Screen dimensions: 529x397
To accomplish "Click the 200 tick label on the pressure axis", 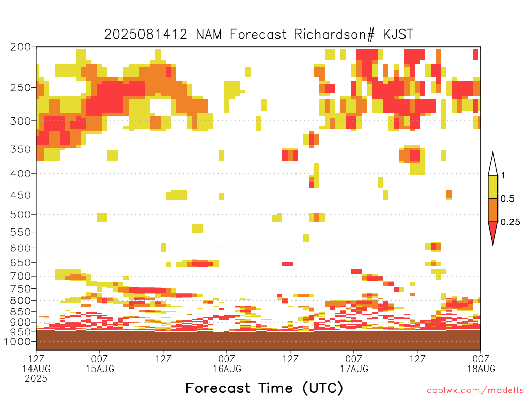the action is (x=20, y=47).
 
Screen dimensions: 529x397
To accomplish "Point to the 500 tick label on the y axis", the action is (x=20, y=215).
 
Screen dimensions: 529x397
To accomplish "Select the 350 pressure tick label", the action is (x=20, y=149).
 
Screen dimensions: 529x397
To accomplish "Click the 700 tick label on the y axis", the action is (x=20, y=276).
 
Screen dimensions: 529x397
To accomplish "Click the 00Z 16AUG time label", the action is (x=227, y=363).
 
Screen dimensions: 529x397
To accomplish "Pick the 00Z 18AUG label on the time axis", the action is (x=481, y=363).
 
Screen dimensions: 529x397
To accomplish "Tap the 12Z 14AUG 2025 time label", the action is (x=36, y=368).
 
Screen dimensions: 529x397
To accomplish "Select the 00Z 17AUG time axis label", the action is (x=354, y=363).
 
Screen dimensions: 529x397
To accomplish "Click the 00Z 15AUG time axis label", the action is (x=100, y=363).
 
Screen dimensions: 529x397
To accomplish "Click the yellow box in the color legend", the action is (x=493, y=187).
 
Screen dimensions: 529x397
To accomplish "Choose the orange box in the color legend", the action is (x=493, y=210).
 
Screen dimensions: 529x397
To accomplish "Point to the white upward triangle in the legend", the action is (x=493, y=164).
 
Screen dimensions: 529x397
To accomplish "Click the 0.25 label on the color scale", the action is (x=510, y=222).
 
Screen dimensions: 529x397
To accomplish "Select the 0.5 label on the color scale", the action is (x=507, y=199).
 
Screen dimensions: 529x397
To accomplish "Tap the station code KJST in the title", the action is (x=398, y=35).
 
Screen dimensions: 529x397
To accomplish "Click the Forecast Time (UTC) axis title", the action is (x=264, y=388).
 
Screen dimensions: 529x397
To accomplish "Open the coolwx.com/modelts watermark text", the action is (x=476, y=391).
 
